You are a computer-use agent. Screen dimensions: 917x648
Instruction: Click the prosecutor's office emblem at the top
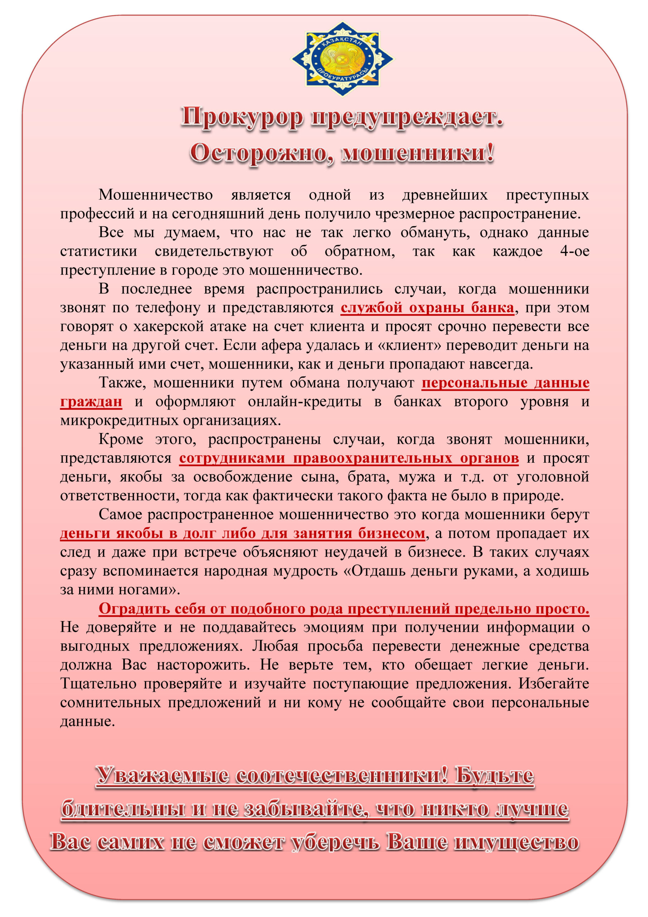(342, 59)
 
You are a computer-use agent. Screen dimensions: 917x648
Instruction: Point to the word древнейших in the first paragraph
(444, 195)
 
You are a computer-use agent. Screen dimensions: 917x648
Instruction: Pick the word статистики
(98, 251)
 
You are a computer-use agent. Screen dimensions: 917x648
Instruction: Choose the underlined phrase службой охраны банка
(427, 308)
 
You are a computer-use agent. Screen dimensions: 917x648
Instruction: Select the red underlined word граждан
(91, 402)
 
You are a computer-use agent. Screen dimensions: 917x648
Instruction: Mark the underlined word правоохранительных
(372, 458)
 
